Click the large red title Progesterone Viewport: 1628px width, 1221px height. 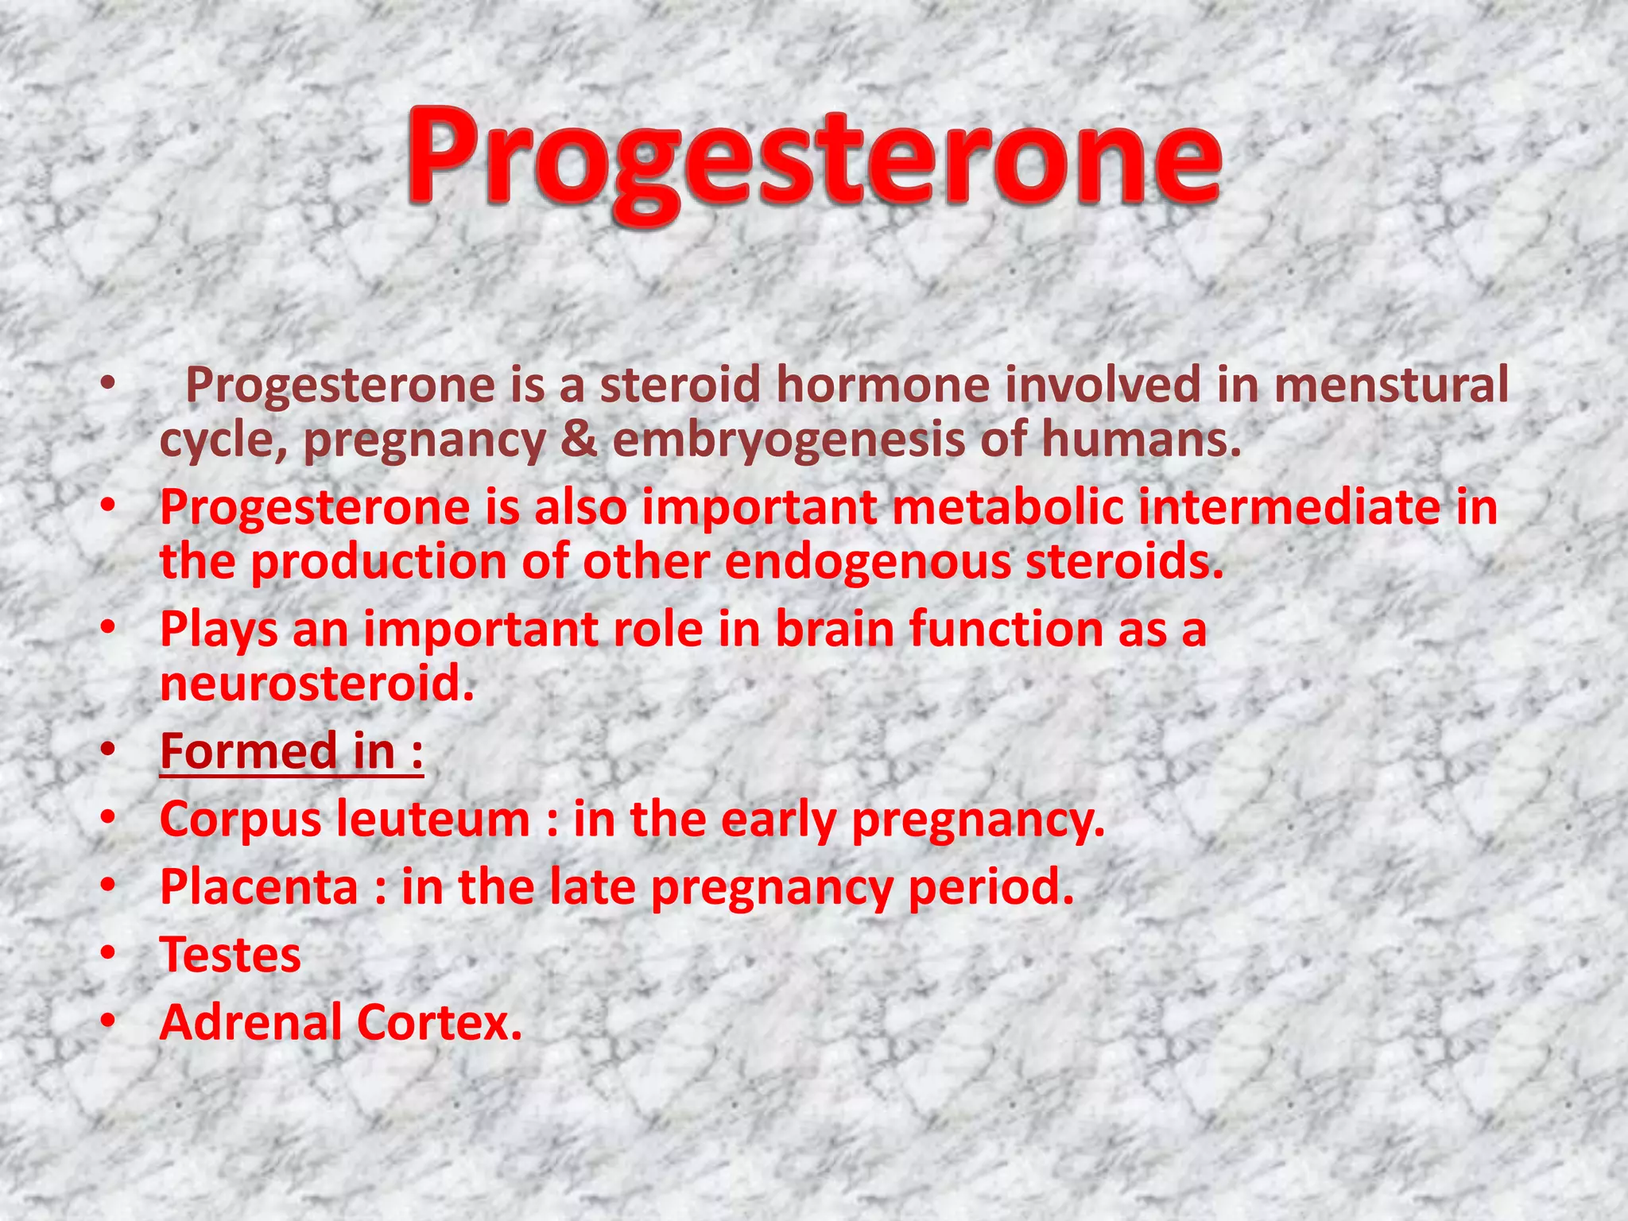(x=814, y=159)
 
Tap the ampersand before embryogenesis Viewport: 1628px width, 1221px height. (x=579, y=440)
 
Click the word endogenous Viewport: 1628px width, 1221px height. (x=867, y=563)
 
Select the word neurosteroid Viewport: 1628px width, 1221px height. (x=317, y=683)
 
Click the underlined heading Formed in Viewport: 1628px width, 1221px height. (x=291, y=751)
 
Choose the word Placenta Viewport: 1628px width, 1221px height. (x=259, y=886)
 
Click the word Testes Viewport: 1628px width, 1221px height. (x=231, y=955)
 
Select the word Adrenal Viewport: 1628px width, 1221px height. (x=250, y=1022)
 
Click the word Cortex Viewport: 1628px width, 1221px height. (x=439, y=1022)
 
